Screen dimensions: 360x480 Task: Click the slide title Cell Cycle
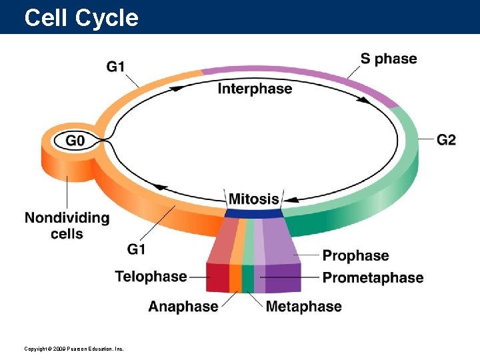(x=81, y=17)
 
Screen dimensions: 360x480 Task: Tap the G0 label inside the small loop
(x=75, y=141)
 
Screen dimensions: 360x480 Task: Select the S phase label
(x=389, y=59)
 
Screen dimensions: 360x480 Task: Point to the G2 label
(x=447, y=139)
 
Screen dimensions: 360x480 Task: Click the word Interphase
(x=255, y=89)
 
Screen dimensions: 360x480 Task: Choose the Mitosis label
(x=253, y=199)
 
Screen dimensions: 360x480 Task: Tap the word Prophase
(x=355, y=255)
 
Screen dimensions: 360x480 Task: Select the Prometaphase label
(x=373, y=277)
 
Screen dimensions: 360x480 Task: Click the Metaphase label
(x=303, y=307)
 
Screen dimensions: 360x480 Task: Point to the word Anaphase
(x=183, y=307)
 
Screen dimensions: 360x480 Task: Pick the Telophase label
(x=151, y=276)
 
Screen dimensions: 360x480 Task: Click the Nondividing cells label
(x=67, y=225)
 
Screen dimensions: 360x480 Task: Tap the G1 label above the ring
(x=116, y=67)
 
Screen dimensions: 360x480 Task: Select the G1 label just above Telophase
(x=136, y=249)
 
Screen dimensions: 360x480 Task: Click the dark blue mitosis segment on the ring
(x=253, y=213)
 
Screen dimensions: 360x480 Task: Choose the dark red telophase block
(x=217, y=277)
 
